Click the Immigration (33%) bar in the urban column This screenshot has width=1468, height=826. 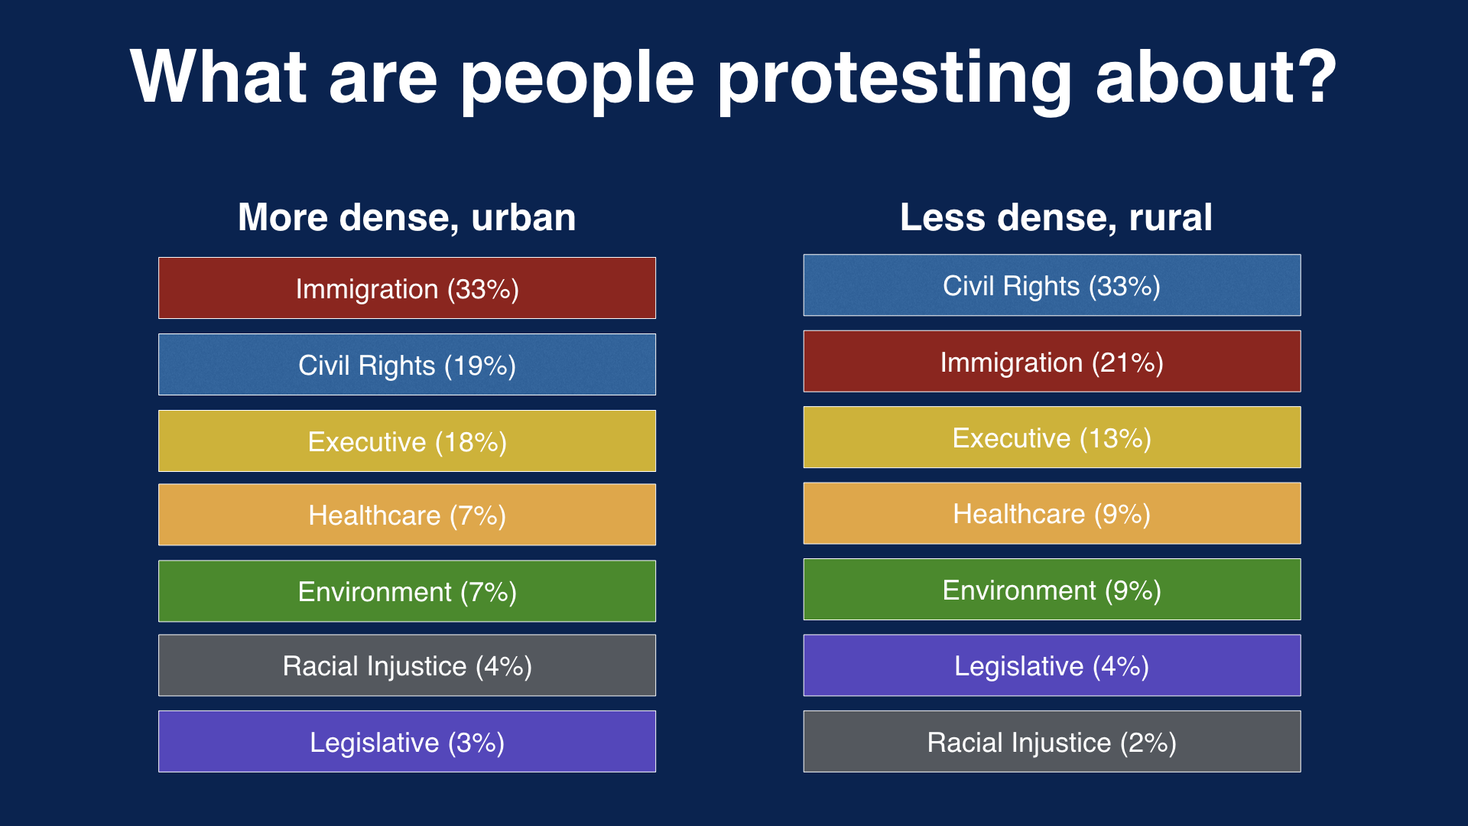(407, 288)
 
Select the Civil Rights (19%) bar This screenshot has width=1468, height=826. (407, 365)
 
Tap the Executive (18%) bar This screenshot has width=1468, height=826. (407, 441)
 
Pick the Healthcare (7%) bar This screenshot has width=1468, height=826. (407, 515)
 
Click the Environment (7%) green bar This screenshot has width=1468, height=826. (407, 591)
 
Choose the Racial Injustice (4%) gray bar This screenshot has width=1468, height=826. (407, 665)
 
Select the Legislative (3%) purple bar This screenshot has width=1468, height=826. (407, 742)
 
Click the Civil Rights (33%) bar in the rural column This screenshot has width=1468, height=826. (1051, 285)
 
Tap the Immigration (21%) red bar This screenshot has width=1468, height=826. (1051, 362)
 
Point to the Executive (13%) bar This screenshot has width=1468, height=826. (1051, 437)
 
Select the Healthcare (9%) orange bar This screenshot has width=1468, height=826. (1051, 513)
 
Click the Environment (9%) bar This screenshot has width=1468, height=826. (1051, 590)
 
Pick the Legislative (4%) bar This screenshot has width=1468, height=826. (1051, 665)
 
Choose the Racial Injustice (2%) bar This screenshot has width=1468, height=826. (1051, 742)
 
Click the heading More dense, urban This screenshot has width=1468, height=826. (407, 217)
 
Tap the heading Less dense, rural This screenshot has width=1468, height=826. (1056, 217)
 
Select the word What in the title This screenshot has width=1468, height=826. (219, 76)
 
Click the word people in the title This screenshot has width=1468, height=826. (577, 80)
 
